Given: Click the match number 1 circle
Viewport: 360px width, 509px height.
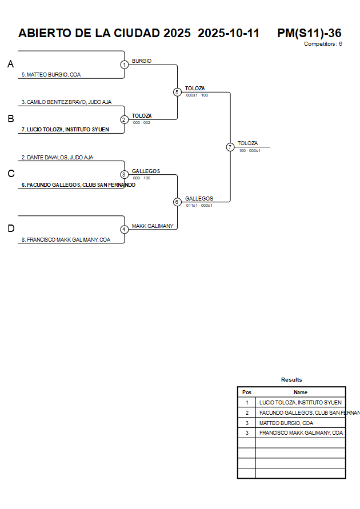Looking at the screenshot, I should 124,65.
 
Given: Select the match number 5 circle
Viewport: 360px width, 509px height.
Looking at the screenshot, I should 177,92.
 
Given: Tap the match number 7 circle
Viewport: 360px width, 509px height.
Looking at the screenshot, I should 230,147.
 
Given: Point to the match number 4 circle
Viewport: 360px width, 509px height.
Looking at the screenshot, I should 124,229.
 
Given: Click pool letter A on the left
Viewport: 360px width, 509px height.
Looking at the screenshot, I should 10,65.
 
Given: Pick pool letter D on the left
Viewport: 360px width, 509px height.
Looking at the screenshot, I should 10,229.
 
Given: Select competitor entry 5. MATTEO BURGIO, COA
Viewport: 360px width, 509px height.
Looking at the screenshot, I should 51,74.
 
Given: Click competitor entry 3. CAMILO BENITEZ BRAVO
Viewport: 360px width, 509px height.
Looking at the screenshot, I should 66,102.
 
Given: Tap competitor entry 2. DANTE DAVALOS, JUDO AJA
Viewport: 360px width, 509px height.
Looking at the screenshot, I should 57,157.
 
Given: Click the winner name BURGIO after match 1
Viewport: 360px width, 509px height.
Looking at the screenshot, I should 142,61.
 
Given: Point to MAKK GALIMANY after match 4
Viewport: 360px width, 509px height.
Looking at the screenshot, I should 153,226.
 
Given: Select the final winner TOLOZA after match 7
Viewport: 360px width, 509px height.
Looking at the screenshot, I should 247,143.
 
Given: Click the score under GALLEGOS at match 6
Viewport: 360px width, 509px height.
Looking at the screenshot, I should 199,206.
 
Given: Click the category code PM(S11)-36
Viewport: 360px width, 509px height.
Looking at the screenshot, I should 309,33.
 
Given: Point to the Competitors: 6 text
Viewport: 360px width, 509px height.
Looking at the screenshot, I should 323,44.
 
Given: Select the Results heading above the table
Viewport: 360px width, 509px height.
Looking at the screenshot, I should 291,379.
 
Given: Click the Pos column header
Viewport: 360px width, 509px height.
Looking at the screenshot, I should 246,392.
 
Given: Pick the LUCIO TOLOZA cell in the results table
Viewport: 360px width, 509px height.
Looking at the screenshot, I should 300,402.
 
